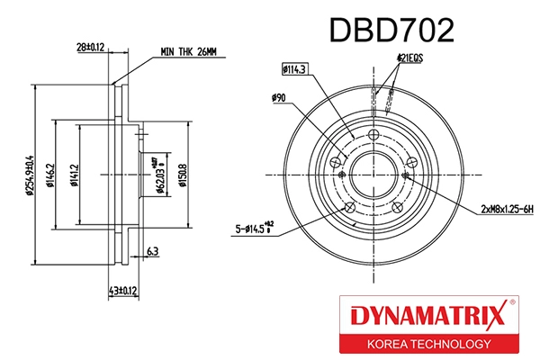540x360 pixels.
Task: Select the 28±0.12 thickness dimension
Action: click(90, 46)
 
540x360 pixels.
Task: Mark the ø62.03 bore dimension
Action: click(158, 174)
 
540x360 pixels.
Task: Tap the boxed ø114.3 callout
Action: click(294, 67)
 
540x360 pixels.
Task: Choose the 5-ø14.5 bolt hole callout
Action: click(255, 230)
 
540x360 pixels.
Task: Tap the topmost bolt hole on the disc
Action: click(373, 134)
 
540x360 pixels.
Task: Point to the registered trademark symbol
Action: click(512, 303)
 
